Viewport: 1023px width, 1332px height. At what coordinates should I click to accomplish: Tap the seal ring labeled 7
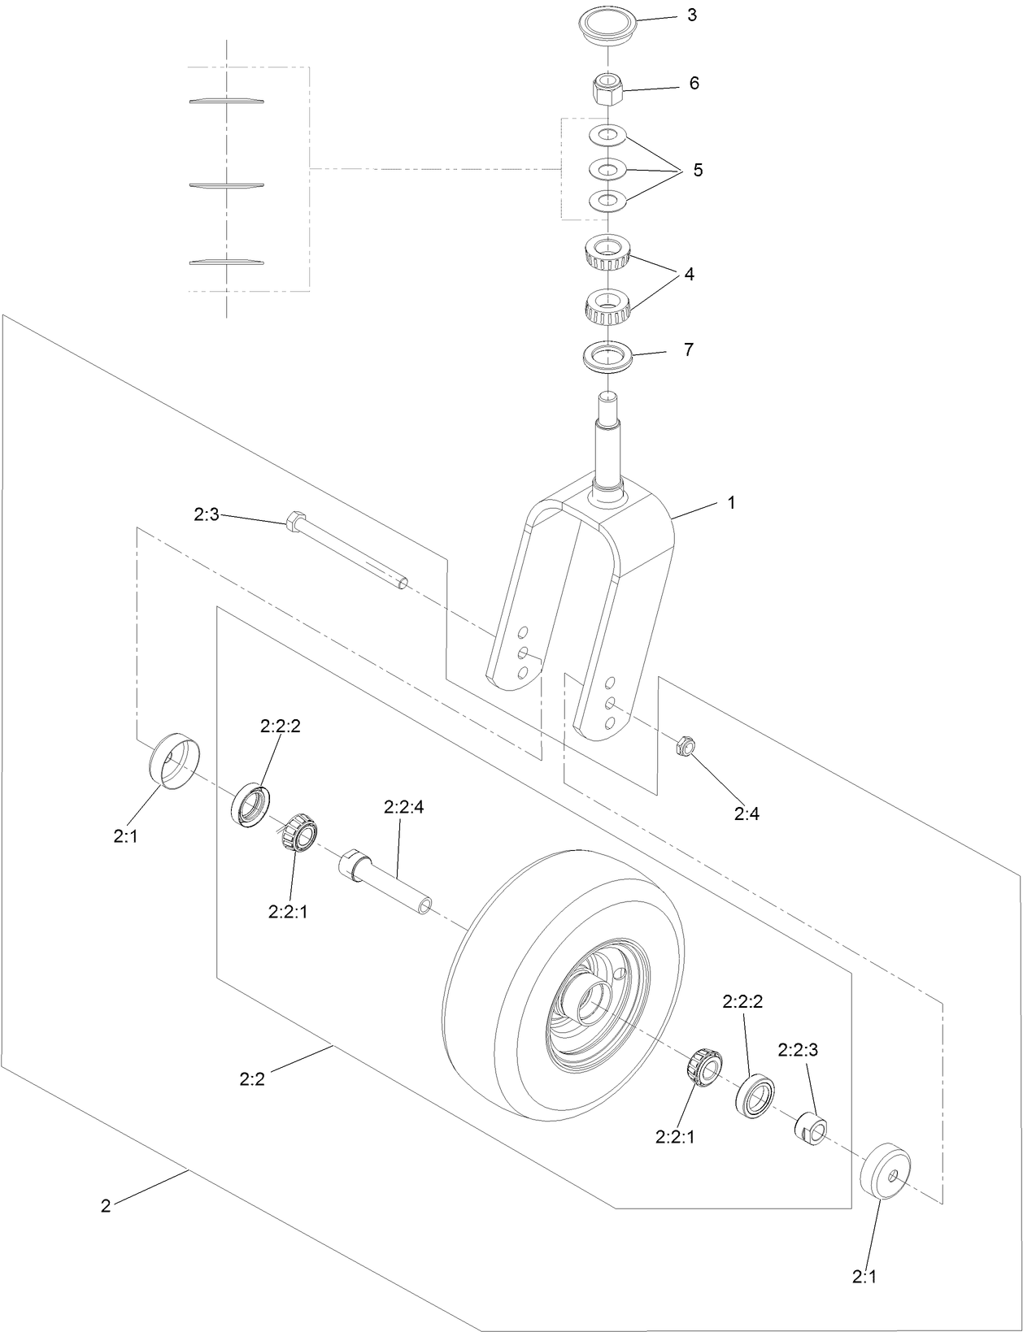click(607, 357)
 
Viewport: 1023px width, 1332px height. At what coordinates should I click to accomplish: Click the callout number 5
click(698, 171)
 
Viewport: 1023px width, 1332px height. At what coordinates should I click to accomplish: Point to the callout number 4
click(689, 275)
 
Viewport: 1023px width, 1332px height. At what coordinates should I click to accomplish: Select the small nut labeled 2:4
click(685, 744)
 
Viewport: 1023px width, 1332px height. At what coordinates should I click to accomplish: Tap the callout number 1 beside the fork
click(731, 503)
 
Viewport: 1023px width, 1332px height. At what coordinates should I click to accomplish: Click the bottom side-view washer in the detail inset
click(227, 262)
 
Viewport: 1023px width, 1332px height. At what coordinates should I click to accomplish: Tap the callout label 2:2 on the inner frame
click(252, 1079)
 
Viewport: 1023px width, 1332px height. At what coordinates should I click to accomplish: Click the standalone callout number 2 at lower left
click(106, 1206)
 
